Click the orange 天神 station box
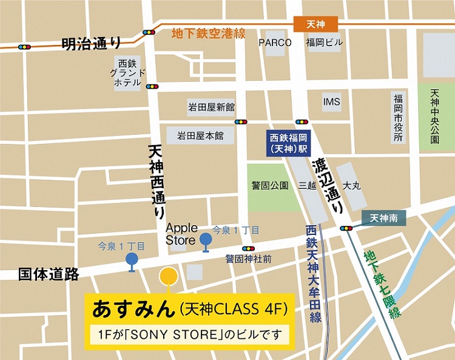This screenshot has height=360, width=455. tap(315, 24)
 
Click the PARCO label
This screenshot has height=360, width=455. tap(275, 42)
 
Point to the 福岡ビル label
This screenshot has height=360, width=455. tap(324, 42)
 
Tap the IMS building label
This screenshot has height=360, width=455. tap(332, 101)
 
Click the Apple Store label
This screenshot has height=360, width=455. tap(181, 234)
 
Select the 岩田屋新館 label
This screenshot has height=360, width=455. tap(211, 107)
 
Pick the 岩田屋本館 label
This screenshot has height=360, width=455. tap(200, 136)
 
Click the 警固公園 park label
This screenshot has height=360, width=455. tap(270, 185)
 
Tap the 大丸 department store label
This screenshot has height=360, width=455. tap(352, 185)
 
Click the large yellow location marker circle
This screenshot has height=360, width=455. tap(168, 277)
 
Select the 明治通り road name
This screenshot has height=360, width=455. tap(91, 43)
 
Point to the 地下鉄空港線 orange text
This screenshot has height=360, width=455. tap(209, 33)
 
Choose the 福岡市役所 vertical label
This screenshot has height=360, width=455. tap(398, 118)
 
